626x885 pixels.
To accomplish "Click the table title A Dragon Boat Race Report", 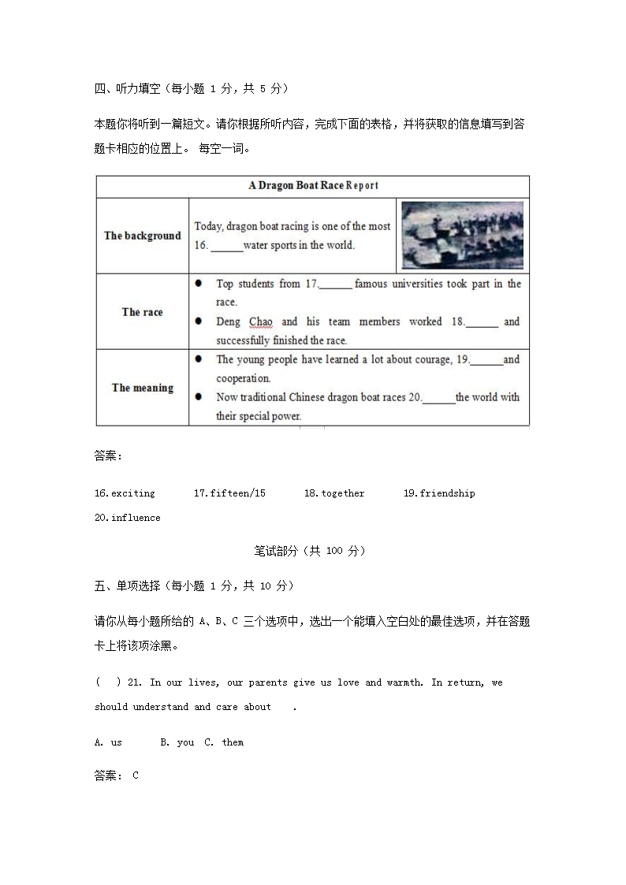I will (x=313, y=186).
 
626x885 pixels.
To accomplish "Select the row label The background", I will (x=142, y=236).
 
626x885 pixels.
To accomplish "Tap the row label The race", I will (x=142, y=312).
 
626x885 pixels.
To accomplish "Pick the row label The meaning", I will (x=142, y=388).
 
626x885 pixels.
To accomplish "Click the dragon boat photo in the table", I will (x=462, y=236).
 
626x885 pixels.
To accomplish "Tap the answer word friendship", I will (x=447, y=493).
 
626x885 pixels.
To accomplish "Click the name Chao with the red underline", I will (x=261, y=322).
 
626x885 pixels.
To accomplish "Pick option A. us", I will (x=108, y=742).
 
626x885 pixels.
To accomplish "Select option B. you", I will (x=177, y=742).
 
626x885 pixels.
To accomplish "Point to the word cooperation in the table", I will (x=243, y=378).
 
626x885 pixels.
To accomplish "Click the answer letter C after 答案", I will (x=136, y=775).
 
